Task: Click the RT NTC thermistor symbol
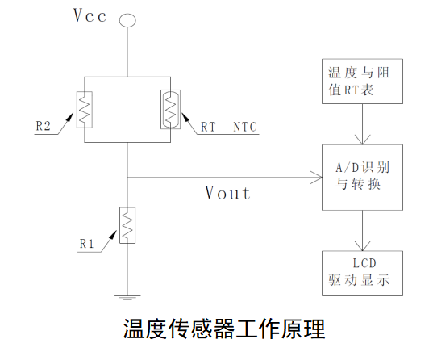[170, 110]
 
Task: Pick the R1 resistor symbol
[127, 225]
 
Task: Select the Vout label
[227, 193]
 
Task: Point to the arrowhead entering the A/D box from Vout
[316, 176]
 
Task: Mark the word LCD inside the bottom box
[364, 263]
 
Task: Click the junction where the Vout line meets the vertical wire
[127, 176]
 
